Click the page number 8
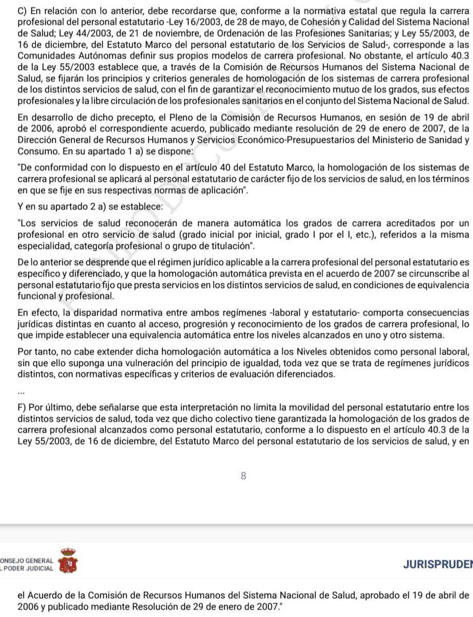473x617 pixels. (x=243, y=476)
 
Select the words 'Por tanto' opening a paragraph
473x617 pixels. (x=35, y=352)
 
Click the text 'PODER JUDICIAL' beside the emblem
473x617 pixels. (x=28, y=569)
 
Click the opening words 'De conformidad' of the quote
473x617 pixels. (x=49, y=168)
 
